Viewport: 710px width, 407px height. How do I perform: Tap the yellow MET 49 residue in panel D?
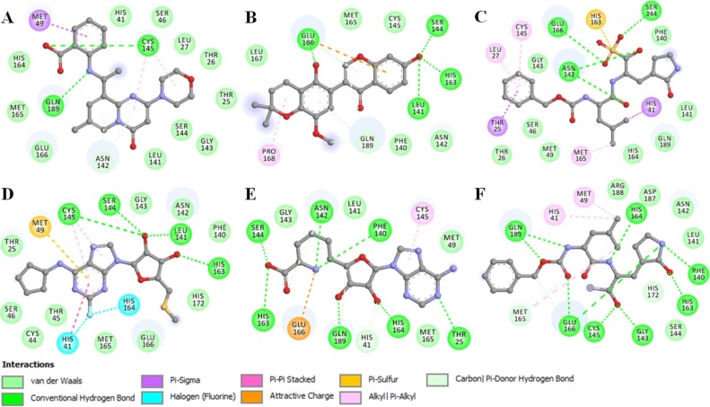pos(38,226)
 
